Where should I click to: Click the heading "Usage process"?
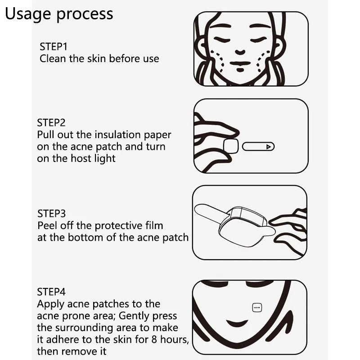(x=59, y=14)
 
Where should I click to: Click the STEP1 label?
(x=53, y=46)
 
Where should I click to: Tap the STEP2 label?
(x=51, y=122)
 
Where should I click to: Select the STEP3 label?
(x=51, y=213)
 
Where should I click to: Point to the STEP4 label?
(x=52, y=292)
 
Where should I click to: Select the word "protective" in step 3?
(x=111, y=225)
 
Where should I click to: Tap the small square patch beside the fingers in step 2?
(x=230, y=146)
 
